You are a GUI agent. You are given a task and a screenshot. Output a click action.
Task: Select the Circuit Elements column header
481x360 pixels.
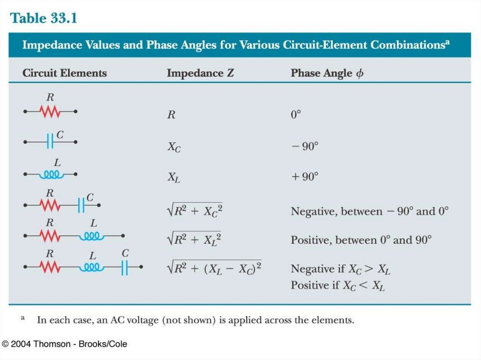point(65,73)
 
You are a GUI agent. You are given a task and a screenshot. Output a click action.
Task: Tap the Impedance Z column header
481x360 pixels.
point(200,73)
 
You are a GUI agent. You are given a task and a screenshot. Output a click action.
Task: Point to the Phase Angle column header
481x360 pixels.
point(327,73)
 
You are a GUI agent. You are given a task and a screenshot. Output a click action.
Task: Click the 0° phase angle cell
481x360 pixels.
point(295,115)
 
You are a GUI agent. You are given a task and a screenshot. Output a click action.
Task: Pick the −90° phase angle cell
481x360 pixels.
point(304,146)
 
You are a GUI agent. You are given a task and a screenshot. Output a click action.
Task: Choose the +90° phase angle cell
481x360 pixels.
point(304,177)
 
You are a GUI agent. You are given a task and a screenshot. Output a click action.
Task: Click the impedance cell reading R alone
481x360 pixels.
point(171,115)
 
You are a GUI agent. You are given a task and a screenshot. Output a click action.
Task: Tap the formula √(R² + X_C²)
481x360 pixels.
point(194,211)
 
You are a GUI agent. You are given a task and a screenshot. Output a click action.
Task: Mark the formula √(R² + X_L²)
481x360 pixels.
point(194,239)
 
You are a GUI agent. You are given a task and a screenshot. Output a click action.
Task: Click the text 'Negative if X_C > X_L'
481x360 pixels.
point(341,269)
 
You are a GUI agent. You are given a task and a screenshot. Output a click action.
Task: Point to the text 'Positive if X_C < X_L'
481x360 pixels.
point(338,285)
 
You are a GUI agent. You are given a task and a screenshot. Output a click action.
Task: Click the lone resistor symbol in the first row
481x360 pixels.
point(50,112)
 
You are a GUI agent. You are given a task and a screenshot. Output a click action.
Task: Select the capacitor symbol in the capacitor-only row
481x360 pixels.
point(50,141)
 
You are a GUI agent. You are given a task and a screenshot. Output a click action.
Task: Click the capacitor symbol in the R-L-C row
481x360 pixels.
point(124,268)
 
